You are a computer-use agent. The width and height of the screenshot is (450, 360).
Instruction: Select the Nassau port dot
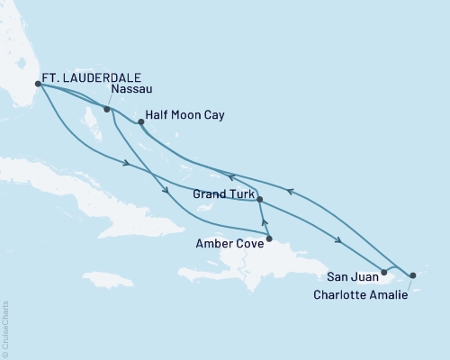click(x=107, y=109)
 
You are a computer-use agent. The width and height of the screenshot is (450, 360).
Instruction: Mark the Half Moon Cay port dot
click(x=140, y=121)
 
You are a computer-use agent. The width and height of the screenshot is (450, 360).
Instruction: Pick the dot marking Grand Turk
click(x=259, y=198)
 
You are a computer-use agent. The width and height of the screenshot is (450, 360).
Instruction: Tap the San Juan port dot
click(x=384, y=272)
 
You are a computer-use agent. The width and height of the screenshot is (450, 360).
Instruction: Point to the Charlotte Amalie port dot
click(x=413, y=275)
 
